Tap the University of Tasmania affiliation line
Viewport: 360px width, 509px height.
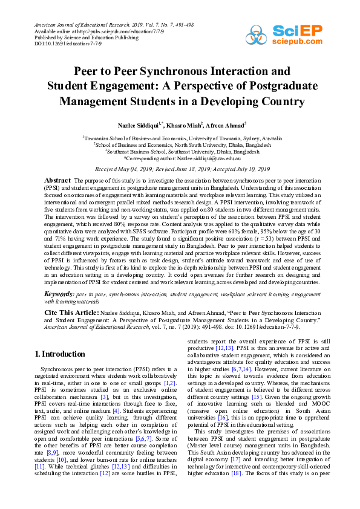click(180, 138)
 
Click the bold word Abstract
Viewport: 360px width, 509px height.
click(59, 180)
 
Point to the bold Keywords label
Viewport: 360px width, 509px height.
click(59, 293)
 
